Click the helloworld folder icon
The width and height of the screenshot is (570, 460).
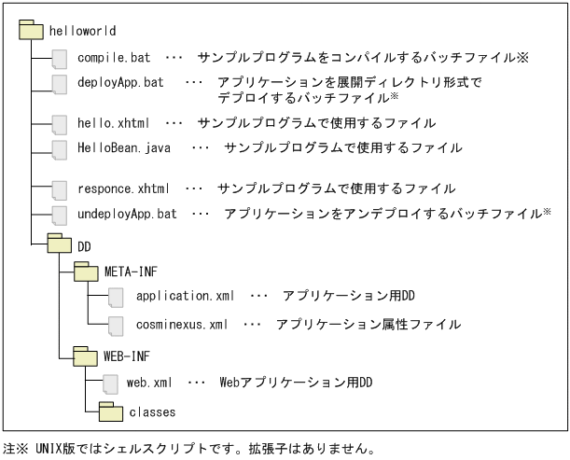click(x=31, y=31)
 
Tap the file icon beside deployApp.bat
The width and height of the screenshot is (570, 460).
click(x=60, y=83)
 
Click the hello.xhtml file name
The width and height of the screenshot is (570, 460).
click(x=113, y=122)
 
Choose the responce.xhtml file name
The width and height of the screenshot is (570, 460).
click(x=124, y=188)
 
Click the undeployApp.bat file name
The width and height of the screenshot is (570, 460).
click(x=127, y=214)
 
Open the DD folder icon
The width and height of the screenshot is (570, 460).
click(x=60, y=244)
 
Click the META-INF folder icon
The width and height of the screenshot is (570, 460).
click(x=86, y=272)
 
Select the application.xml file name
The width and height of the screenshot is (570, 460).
click(x=185, y=297)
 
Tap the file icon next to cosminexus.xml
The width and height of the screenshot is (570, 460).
click(x=116, y=325)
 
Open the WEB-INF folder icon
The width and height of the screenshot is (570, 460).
click(x=86, y=355)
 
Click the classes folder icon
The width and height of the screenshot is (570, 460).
click(x=111, y=410)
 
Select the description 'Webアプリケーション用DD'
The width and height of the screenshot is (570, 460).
click(x=295, y=382)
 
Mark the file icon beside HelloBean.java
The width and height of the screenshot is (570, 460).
click(x=60, y=148)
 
